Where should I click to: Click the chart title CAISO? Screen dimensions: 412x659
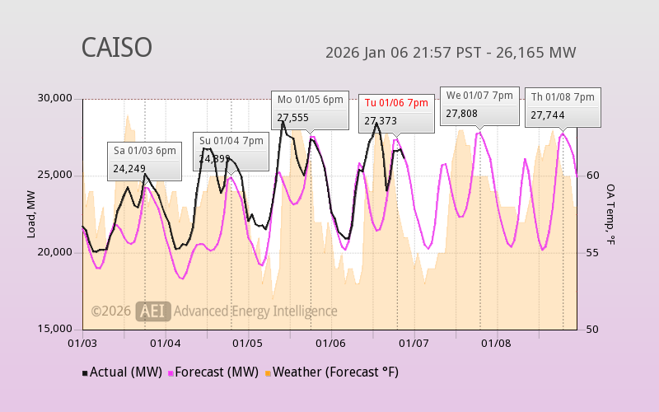coord(116,48)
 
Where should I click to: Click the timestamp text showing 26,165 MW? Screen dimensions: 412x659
coord(451,53)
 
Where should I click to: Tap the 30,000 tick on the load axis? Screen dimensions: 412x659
coord(55,99)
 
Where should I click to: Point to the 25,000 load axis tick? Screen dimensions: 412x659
coord(55,176)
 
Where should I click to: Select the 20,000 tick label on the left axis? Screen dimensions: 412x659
coord(55,252)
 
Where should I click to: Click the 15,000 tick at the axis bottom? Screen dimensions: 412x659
coord(55,329)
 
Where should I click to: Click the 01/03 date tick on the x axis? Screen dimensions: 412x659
coord(82,342)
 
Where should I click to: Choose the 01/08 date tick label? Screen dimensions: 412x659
coord(496,342)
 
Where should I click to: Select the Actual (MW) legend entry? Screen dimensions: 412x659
coord(122,372)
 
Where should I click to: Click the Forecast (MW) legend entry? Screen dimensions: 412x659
coord(213,372)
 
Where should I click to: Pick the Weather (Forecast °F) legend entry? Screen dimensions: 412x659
coord(331,372)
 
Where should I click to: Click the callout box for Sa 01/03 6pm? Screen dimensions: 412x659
coord(145,160)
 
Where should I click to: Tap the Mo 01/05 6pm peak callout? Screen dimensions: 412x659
coord(310,109)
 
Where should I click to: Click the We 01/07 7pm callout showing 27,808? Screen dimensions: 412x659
coord(479,105)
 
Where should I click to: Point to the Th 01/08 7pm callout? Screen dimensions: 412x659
coord(563,106)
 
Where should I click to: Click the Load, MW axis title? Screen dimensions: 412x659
coord(31,213)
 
